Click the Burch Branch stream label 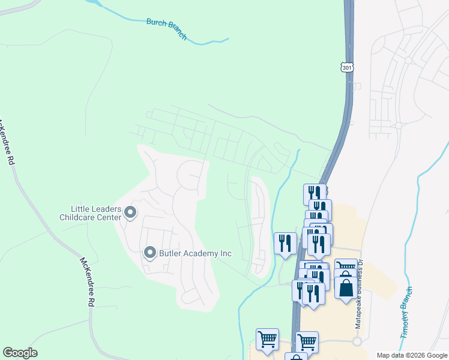tap(167, 29)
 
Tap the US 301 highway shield tap(347, 67)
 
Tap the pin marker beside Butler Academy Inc tap(150, 253)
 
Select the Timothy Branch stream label tap(406, 313)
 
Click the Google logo tap(20, 353)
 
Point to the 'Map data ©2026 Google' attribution tap(412, 355)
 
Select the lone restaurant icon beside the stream tap(285, 243)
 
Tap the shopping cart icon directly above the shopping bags tap(346, 268)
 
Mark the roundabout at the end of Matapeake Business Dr tap(358, 341)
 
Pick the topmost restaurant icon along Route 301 tap(315, 193)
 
